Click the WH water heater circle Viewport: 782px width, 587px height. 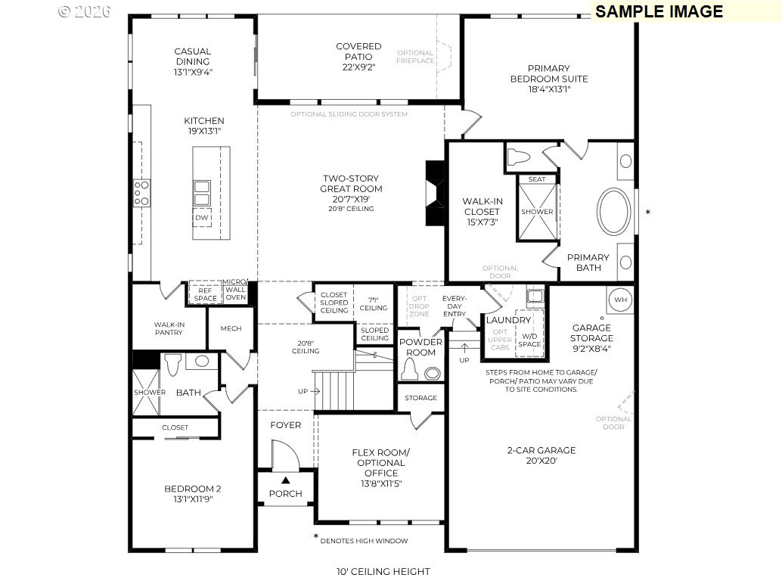pos(620,300)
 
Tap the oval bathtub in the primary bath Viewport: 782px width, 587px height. pos(614,212)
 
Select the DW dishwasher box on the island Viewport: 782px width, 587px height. pos(201,218)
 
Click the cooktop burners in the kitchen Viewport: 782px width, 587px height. pos(141,193)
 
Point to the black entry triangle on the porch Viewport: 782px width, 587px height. pos(285,480)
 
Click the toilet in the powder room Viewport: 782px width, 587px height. pos(410,368)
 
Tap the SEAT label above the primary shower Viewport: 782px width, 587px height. pos(537,179)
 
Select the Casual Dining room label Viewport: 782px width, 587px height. pos(193,57)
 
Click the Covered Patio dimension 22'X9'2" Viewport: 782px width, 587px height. pos(358,67)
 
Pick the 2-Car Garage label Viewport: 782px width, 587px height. pos(542,450)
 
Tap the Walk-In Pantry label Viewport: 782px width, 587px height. pos(169,328)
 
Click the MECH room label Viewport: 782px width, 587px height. pos(231,328)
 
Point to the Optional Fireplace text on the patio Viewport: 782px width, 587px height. pos(415,57)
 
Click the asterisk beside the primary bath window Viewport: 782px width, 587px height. pos(648,213)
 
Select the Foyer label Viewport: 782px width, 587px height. pos(286,425)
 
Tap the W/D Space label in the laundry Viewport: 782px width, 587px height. pos(529,340)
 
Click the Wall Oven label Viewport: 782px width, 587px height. pos(235,293)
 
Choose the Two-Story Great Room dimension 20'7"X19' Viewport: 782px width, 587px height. pos(351,199)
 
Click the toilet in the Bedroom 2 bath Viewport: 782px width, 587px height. pos(173,364)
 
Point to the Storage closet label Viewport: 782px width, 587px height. pos(420,397)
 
